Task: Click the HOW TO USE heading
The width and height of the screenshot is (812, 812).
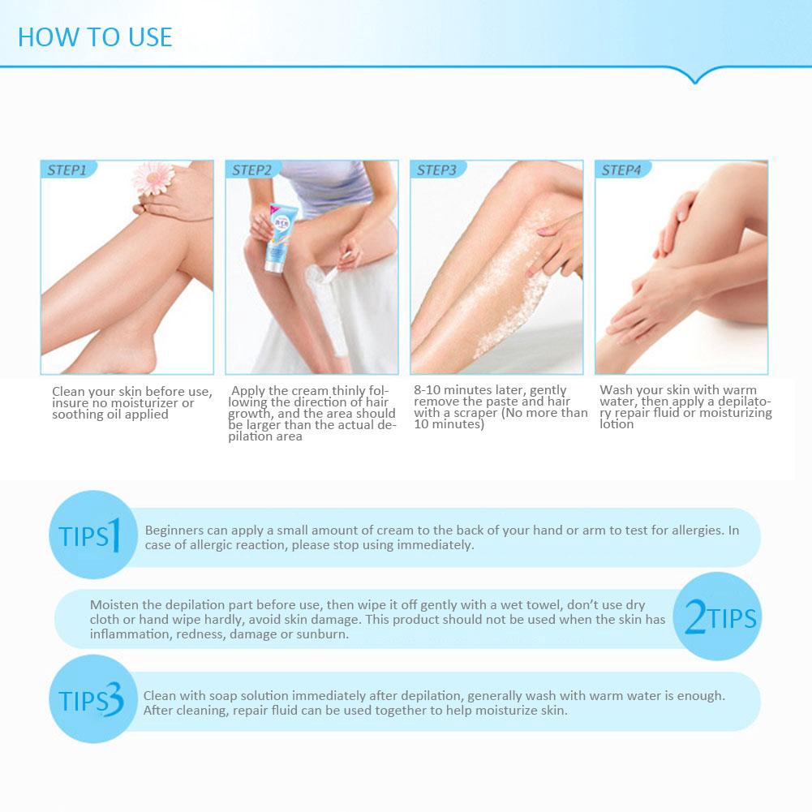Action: coord(95,37)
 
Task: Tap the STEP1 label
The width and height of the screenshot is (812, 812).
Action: coord(67,170)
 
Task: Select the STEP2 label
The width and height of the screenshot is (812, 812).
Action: coord(251,170)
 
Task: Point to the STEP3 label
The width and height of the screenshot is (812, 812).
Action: coord(436,170)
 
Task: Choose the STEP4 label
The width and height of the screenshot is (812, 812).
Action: coord(621,170)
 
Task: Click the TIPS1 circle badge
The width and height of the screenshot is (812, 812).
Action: coord(93,535)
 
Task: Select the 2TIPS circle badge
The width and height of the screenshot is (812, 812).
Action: coord(718,617)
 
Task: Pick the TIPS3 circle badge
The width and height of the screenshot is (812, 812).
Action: coord(93,699)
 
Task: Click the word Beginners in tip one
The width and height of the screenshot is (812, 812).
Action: coord(174,531)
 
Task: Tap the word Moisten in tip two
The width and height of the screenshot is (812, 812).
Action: coord(114,605)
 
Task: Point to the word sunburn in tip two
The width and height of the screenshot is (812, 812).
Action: coord(324,634)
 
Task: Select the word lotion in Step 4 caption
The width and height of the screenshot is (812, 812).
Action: coord(617,424)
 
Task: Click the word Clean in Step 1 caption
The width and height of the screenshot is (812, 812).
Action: coord(68,392)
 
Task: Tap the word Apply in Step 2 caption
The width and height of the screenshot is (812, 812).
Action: coord(248,391)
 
